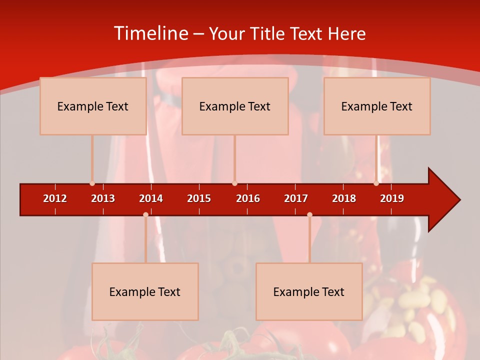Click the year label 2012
coord(55,198)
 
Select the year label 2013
coord(103,198)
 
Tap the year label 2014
coord(151,198)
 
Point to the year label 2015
coord(199,198)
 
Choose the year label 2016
coord(248,198)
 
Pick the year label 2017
coord(296,198)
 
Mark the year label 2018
coord(344,198)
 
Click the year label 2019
coord(392,198)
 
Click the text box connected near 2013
coord(93,106)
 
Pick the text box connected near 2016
coord(235,106)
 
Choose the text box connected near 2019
coord(377,106)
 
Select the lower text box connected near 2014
coord(145,291)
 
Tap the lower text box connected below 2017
coord(309,291)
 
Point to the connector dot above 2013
coord(92,183)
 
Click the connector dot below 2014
coord(145,214)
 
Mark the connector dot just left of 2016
coord(234,183)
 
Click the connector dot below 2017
coord(309,214)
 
